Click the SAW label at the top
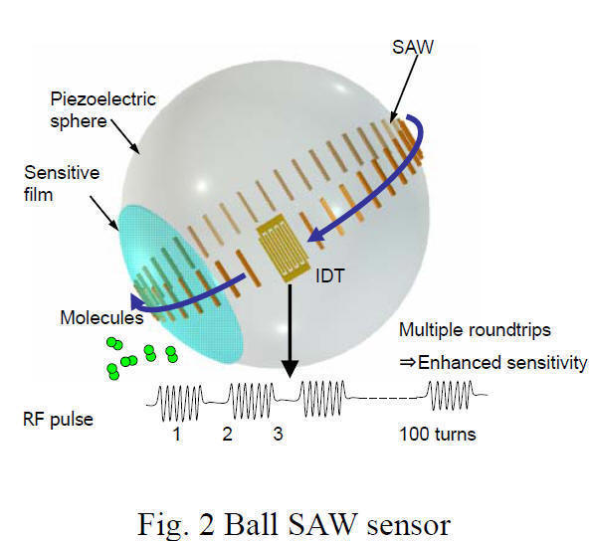[413, 48]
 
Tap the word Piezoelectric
[102, 99]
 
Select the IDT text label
[329, 276]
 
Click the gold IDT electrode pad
[283, 248]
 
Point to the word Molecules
[101, 317]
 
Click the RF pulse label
[58, 420]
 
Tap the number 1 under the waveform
[177, 434]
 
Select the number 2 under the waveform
[227, 434]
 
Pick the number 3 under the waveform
[278, 434]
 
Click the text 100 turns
[438, 434]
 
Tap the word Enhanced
[460, 363]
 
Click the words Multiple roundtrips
[475, 330]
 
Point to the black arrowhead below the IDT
[290, 369]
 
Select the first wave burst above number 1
[180, 403]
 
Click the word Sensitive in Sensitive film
[62, 173]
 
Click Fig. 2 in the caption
[176, 525]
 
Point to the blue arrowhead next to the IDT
[315, 234]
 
